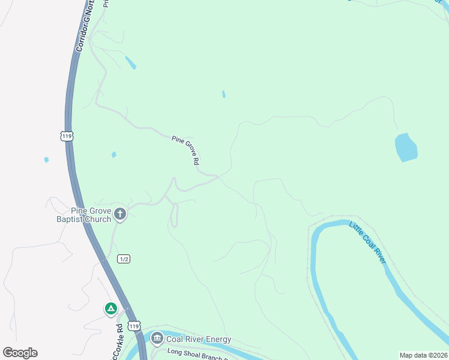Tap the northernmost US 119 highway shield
click(x=67, y=136)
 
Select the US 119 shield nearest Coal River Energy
click(x=134, y=326)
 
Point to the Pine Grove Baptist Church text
click(x=91, y=215)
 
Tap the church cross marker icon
click(x=121, y=214)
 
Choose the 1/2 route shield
click(x=124, y=259)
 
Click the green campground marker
click(x=110, y=309)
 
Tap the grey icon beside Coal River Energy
click(x=157, y=339)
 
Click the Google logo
click(x=20, y=353)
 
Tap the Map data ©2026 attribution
click(x=423, y=355)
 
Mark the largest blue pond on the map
click(x=406, y=148)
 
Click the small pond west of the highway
click(x=46, y=160)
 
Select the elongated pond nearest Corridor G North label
click(x=130, y=62)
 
